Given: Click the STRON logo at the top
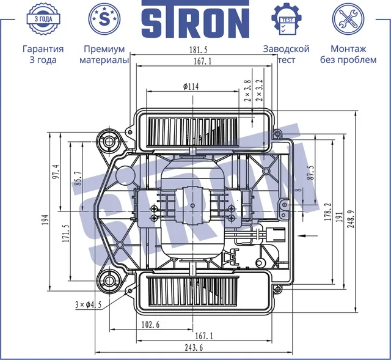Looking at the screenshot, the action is click(x=195, y=19).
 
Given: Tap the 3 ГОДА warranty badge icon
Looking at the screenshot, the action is click(x=43, y=19).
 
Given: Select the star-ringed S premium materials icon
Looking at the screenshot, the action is click(x=104, y=19).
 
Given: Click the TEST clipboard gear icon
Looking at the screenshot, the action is click(x=287, y=19).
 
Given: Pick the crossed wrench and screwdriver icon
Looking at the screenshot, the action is click(x=348, y=19).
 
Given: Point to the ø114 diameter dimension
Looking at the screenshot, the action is click(x=191, y=87).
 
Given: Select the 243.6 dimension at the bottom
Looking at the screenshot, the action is click(x=194, y=347).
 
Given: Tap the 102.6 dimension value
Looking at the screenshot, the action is click(x=150, y=325).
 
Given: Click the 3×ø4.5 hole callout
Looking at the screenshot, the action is click(x=88, y=305).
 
